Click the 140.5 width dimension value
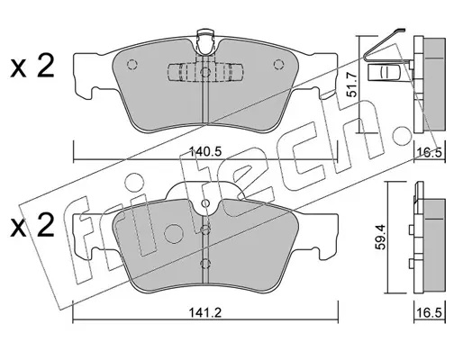[x=205, y=152]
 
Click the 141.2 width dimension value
[x=205, y=313]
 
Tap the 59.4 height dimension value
[x=380, y=238]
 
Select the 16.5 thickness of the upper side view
[x=430, y=153]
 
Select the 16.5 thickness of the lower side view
[x=430, y=313]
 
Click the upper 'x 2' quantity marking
[x=32, y=67]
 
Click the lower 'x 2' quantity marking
[x=32, y=226]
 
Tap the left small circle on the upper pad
[x=132, y=65]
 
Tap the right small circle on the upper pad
[x=279, y=65]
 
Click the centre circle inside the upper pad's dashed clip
[x=205, y=72]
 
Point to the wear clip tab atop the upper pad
[x=205, y=42]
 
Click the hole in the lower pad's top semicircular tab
[x=205, y=203]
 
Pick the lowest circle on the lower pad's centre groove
[x=205, y=264]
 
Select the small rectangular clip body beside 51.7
[x=384, y=72]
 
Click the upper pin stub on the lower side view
[x=411, y=230]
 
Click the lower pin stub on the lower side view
[x=411, y=263]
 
